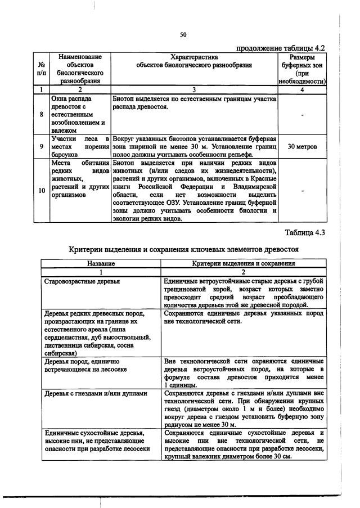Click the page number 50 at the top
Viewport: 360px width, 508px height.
tap(183, 34)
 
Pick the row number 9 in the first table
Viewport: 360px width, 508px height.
tap(42, 147)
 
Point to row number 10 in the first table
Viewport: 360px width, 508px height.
tap(42, 190)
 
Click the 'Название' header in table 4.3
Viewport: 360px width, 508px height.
tap(101, 263)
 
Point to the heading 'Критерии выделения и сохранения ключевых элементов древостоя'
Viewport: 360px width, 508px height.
tap(183, 249)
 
